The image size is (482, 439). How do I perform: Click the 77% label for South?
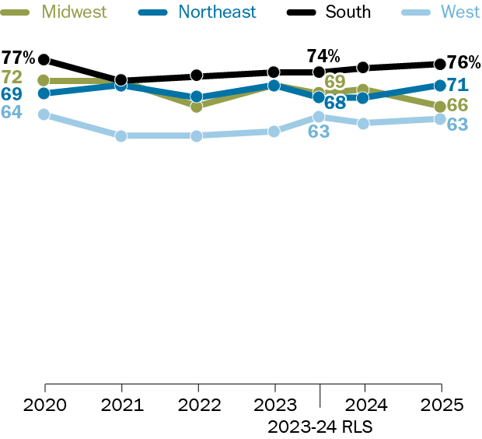pos(17,58)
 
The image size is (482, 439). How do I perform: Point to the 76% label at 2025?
pos(463,63)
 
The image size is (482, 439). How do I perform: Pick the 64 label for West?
pos(12,111)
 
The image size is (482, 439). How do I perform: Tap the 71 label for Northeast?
pos(457,84)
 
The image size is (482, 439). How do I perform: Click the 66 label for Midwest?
pos(457,104)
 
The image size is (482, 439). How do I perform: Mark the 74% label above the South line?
pos(323,56)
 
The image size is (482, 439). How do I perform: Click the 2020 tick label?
pos(45,406)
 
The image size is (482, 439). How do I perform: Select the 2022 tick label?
pos(198,406)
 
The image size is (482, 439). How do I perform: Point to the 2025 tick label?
pos(441,406)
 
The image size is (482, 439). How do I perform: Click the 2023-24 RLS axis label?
pos(320,427)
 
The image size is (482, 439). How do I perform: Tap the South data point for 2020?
pos(44,59)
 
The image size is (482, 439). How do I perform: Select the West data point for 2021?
pos(121,136)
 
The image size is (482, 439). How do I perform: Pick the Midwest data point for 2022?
pos(197,106)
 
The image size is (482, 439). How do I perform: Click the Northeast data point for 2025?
pos(440,85)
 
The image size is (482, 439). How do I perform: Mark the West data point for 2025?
pos(440,119)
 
